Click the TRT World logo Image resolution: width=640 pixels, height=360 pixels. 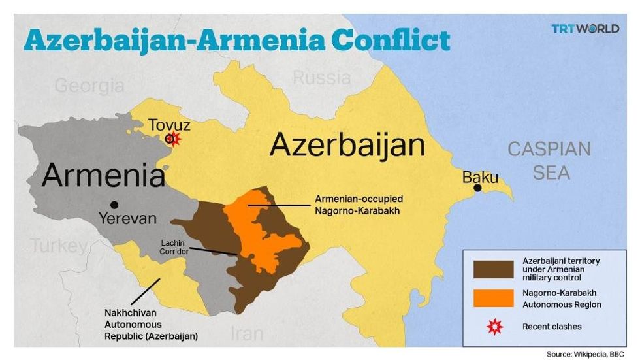click(x=584, y=29)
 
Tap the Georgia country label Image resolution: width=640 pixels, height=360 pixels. click(x=89, y=86)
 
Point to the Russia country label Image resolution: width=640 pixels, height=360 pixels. click(x=321, y=78)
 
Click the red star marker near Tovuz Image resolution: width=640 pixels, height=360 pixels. click(x=172, y=139)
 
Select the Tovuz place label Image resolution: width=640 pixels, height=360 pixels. click(x=169, y=124)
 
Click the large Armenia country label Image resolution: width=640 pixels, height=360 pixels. click(x=103, y=176)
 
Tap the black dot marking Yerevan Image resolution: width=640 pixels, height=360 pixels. click(x=114, y=205)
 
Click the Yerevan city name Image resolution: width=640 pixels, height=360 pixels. click(x=128, y=219)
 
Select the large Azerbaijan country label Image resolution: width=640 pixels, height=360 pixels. click(x=347, y=145)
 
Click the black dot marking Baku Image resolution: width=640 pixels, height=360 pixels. click(x=478, y=188)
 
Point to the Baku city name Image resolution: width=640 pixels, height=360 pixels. click(x=480, y=177)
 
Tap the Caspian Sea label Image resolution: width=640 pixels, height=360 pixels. click(x=549, y=161)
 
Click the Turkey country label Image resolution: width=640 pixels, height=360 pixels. click(x=57, y=246)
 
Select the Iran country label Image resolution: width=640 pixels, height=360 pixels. click(x=248, y=334)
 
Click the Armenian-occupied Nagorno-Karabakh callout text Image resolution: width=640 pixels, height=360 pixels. click(x=359, y=205)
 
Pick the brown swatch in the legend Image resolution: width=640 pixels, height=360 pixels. click(x=493, y=269)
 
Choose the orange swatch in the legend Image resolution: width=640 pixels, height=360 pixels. click(x=493, y=298)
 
